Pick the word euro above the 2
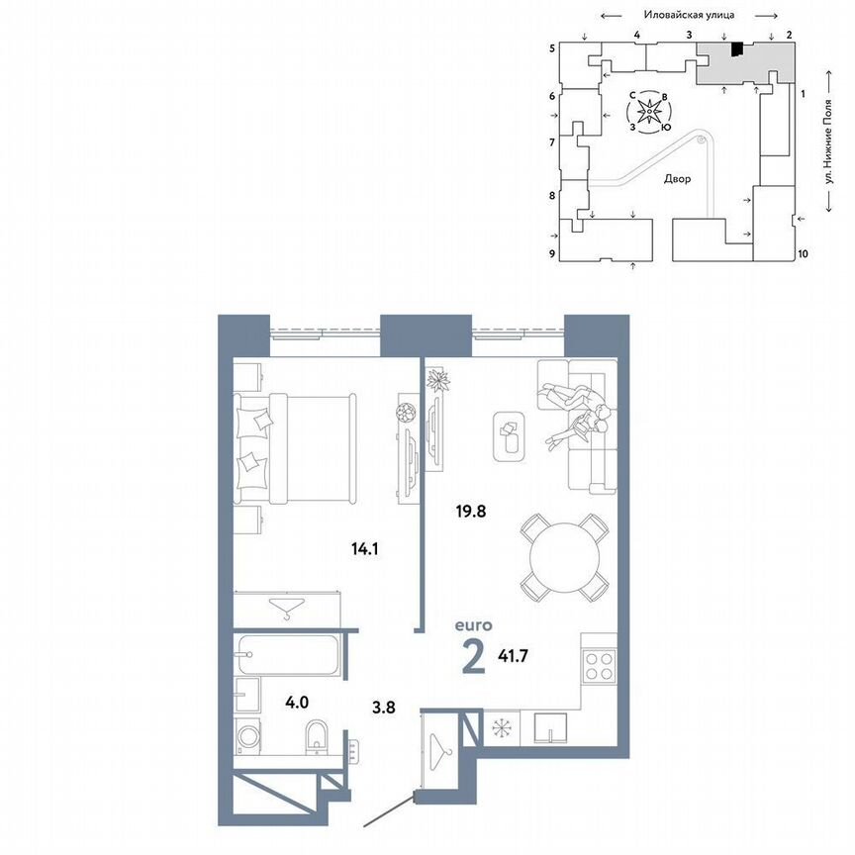click(x=473, y=624)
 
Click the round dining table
click(x=563, y=557)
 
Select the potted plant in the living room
click(x=438, y=380)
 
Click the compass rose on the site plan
click(x=649, y=112)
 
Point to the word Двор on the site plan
click(x=677, y=180)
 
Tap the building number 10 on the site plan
click(x=803, y=254)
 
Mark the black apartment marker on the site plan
click(x=736, y=49)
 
